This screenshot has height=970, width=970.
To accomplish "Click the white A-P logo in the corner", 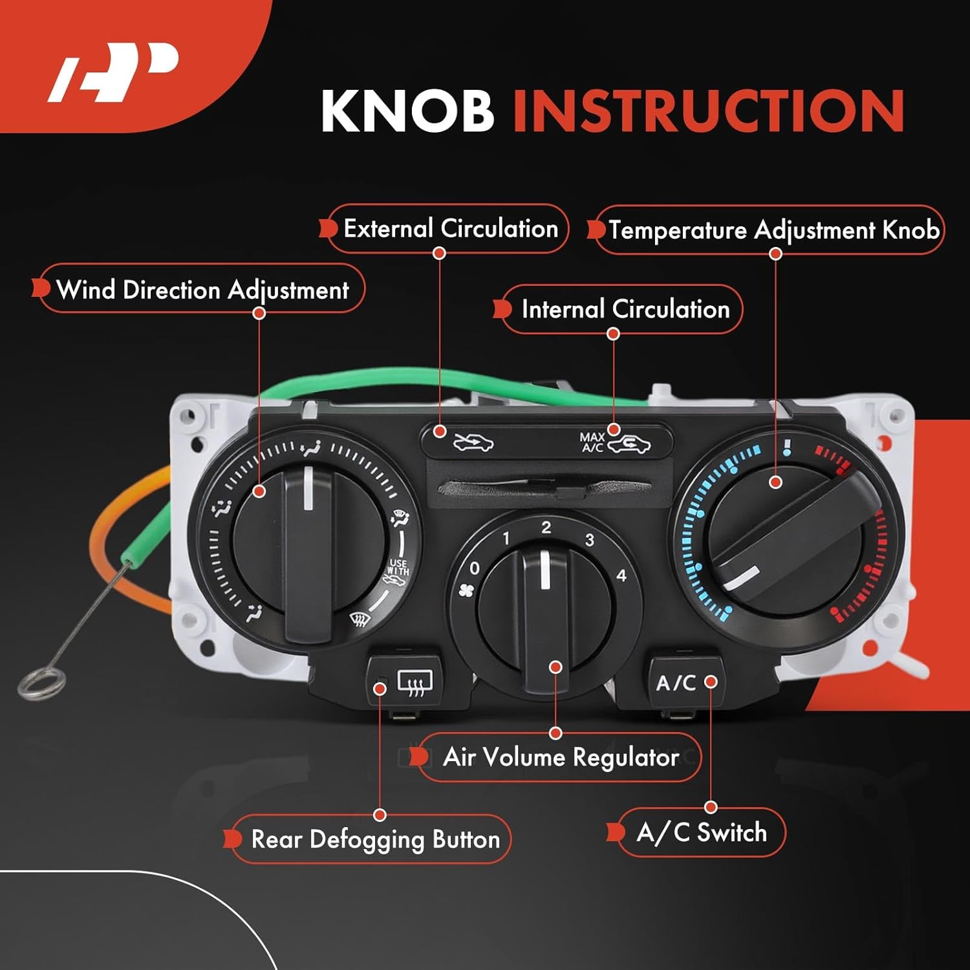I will tap(114, 72).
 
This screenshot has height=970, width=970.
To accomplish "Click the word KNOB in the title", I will tap(407, 111).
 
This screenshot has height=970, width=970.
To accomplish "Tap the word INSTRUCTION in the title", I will tap(708, 111).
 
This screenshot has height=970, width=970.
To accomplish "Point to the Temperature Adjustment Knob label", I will tap(773, 230).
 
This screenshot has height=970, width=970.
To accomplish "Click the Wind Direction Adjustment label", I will tap(202, 290).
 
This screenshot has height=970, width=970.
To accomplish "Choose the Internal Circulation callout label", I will tap(625, 309).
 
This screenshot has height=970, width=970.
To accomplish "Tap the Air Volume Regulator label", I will tap(560, 757).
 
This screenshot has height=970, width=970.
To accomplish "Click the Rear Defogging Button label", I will tap(375, 839).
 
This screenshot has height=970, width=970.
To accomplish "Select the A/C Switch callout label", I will tap(702, 832).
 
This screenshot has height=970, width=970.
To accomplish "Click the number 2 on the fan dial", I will tap(546, 528).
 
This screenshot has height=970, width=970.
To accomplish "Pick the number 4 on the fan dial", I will tap(621, 575).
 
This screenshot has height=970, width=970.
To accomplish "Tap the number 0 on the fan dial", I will tap(475, 568).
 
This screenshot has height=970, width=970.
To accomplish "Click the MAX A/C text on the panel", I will tap(592, 442).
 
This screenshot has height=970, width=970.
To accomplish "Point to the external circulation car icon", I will tap(473, 443).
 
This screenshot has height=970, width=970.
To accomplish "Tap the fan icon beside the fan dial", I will tap(466, 590).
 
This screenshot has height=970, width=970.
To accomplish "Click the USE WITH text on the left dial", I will tap(398, 567).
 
